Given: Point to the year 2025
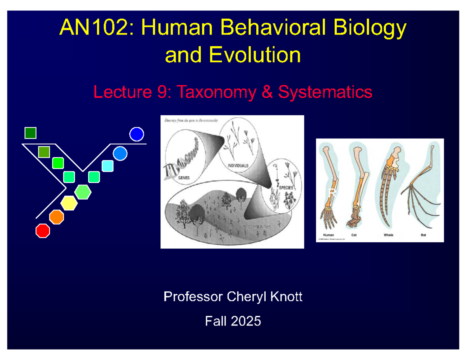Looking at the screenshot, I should click(245, 322).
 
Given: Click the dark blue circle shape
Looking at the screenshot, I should click(137, 134).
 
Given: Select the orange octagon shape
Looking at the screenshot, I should click(57, 217).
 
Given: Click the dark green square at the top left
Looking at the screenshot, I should click(30, 133).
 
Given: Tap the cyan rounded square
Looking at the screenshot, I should click(108, 166).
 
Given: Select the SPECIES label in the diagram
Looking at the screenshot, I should click(286, 188).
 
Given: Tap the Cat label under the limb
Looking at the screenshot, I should click(354, 235).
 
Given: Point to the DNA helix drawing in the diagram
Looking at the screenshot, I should click(183, 159).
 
